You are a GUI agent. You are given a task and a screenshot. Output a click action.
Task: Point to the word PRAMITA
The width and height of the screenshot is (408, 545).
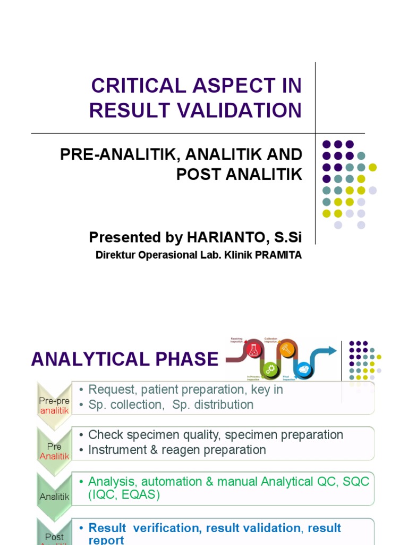278,255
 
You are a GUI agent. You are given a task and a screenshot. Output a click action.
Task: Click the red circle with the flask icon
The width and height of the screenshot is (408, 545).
252,349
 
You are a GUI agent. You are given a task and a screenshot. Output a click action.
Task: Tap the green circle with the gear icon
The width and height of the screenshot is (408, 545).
270,369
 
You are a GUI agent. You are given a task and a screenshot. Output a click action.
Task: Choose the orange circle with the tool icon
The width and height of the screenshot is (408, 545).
286,349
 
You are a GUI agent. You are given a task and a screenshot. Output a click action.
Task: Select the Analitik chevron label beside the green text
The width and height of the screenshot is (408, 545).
54,497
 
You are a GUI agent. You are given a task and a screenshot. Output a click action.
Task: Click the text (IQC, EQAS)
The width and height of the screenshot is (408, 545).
124,495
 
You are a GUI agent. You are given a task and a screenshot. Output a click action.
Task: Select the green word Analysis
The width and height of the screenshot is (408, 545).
109,482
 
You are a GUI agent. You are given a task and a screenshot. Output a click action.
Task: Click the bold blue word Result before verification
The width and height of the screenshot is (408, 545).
107,528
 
